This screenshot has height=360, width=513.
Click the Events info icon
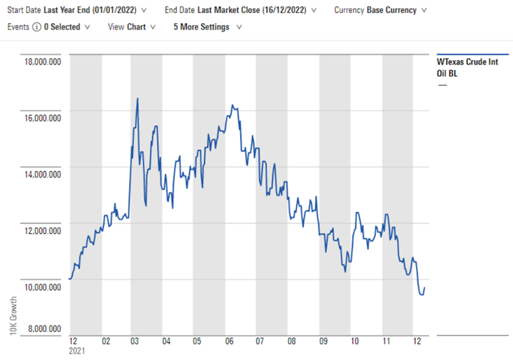[x=37, y=27]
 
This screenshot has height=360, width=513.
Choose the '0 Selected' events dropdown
[x=68, y=27]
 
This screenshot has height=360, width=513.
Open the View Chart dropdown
[x=131, y=27]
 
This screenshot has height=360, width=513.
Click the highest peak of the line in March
[x=137, y=98]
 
